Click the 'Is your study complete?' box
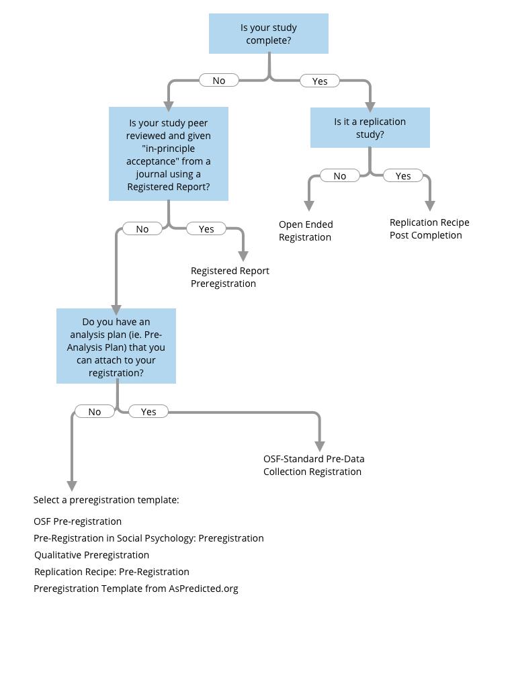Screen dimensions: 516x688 (x=269, y=34)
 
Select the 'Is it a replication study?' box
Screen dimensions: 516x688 (x=370, y=128)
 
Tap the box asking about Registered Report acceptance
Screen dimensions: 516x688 (x=169, y=154)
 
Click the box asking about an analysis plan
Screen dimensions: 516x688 (x=116, y=346)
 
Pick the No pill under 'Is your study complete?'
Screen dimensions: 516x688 (x=219, y=81)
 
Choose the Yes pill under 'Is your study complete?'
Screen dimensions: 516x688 (x=319, y=81)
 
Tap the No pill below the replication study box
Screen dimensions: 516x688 (x=339, y=176)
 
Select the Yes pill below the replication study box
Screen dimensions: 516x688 (x=403, y=176)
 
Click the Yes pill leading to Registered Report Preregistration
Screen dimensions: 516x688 (x=206, y=229)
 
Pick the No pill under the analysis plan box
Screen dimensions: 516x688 (x=95, y=412)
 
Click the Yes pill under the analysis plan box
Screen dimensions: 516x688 (x=148, y=412)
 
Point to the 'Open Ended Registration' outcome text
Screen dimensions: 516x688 (x=306, y=231)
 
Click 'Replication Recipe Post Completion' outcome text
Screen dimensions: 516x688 (x=429, y=228)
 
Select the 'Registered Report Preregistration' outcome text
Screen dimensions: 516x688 (x=230, y=277)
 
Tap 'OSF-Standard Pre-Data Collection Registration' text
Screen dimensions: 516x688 (x=314, y=465)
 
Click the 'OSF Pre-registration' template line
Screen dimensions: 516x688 (x=78, y=521)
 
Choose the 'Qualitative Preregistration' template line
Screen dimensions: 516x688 (x=91, y=555)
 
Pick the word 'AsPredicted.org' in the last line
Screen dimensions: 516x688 (x=204, y=589)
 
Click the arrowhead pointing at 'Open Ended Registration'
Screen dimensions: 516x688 (x=309, y=206)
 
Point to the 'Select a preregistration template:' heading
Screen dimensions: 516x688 (x=106, y=500)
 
